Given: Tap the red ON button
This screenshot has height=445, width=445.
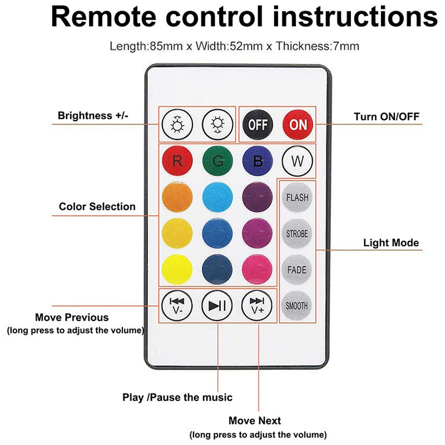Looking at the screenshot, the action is click(x=298, y=125).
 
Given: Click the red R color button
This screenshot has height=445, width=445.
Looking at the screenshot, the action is click(x=177, y=161).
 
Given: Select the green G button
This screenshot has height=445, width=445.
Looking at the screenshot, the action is click(x=217, y=161).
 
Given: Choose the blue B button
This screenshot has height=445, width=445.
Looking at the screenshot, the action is click(x=258, y=161).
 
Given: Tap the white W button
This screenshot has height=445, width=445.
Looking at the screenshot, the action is click(x=298, y=161).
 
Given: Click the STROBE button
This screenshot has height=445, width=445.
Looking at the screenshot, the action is click(x=297, y=234).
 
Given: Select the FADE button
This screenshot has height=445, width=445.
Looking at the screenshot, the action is click(x=297, y=270).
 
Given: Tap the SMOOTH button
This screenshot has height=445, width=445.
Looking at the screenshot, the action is click(x=296, y=305).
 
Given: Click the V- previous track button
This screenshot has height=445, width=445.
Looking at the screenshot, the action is click(x=177, y=305).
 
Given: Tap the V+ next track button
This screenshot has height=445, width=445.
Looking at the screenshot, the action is click(x=257, y=305).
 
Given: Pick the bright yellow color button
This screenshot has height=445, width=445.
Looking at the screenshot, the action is click(x=177, y=269).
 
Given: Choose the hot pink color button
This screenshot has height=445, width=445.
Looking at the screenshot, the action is click(x=257, y=269).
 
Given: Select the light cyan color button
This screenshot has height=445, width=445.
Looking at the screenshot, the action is click(x=217, y=197).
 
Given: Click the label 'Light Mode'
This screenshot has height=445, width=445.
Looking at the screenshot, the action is click(x=391, y=243).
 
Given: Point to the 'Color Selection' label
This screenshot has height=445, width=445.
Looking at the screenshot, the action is click(x=97, y=206).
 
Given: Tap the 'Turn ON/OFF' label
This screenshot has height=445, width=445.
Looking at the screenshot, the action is click(x=387, y=116).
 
